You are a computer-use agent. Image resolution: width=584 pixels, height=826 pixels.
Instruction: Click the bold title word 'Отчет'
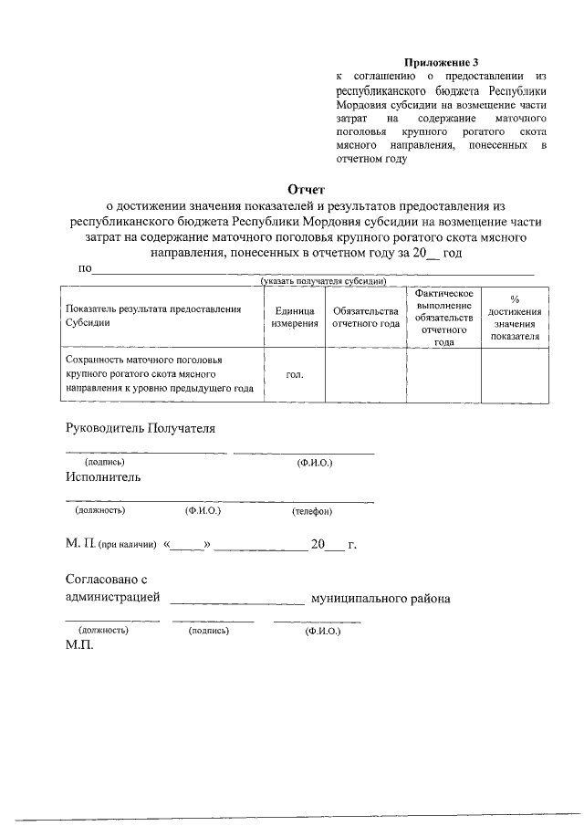click(x=306, y=190)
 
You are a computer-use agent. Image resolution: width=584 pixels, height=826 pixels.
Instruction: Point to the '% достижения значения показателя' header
click(x=515, y=318)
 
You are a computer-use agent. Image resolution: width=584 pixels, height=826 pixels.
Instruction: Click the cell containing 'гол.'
click(x=294, y=375)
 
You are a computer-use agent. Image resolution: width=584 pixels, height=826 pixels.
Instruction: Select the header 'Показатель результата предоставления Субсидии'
click(x=152, y=316)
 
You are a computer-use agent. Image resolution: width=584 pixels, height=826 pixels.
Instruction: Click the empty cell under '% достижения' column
click(x=515, y=375)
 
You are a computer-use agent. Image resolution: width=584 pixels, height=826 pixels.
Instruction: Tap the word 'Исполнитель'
click(x=103, y=476)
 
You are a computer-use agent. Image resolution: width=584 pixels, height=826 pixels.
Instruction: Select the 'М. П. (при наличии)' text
click(x=110, y=545)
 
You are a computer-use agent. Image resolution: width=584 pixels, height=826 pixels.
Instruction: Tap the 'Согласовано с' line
click(x=107, y=579)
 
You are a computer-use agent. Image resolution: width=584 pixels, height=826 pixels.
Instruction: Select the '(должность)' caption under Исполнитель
click(x=100, y=510)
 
